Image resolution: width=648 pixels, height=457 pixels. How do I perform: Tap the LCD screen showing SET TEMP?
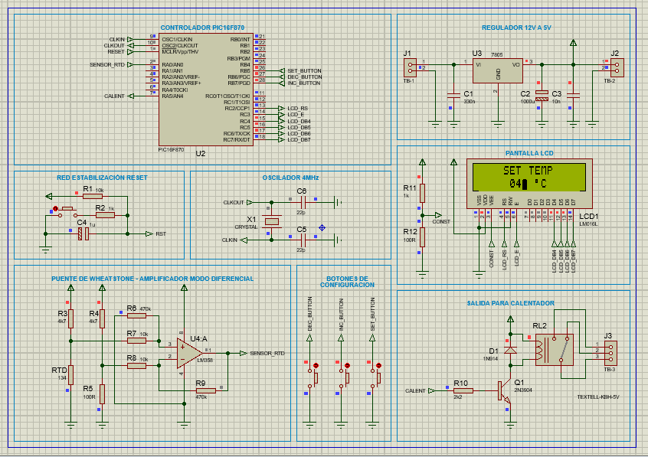click(529, 178)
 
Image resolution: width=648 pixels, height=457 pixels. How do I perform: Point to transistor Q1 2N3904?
click(502, 390)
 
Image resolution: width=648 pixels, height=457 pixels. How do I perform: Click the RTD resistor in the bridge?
click(70, 374)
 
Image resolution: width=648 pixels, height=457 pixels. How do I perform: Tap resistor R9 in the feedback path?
click(205, 390)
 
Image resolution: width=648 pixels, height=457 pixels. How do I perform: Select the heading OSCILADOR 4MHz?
click(290, 178)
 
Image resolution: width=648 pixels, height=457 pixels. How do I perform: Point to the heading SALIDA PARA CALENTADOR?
click(510, 303)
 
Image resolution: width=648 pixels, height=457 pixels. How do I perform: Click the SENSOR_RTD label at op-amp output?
click(267, 353)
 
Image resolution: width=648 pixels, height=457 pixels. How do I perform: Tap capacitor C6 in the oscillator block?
click(301, 202)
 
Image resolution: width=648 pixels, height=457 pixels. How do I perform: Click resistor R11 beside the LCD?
click(422, 192)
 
